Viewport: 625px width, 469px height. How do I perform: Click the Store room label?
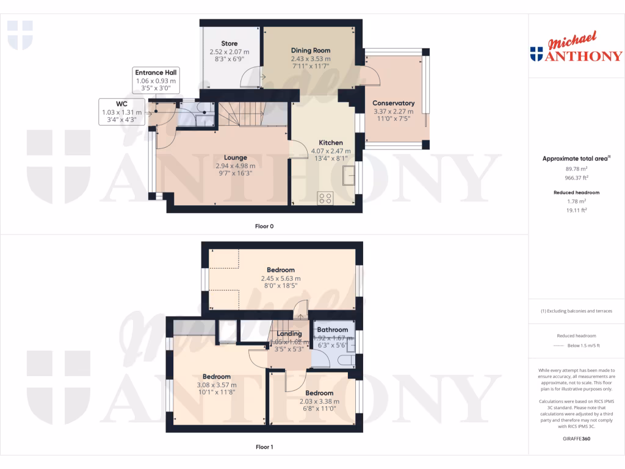pyautogui.click(x=229, y=43)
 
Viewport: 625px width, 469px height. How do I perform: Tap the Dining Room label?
pyautogui.click(x=310, y=50)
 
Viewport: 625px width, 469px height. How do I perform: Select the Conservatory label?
pyautogui.click(x=394, y=103)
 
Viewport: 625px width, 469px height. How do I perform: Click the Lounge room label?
pyautogui.click(x=235, y=158)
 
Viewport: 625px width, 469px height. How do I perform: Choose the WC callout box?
pyautogui.click(x=121, y=112)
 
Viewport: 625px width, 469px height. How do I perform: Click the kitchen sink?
pyautogui.click(x=350, y=176)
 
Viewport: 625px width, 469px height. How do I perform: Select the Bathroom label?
pyautogui.click(x=333, y=330)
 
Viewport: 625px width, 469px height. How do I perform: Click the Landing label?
pyautogui.click(x=289, y=334)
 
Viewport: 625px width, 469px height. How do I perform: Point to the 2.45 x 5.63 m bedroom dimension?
pyautogui.click(x=280, y=278)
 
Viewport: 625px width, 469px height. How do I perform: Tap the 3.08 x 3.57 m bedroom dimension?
pyautogui.click(x=217, y=385)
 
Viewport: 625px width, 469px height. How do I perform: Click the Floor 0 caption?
pyautogui.click(x=264, y=226)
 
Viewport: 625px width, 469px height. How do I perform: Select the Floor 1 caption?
pyautogui.click(x=264, y=447)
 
